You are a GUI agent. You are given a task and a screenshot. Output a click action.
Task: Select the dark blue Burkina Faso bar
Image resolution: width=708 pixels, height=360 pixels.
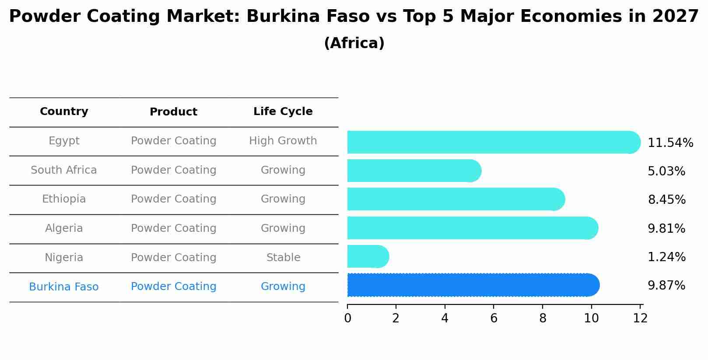point(473,285)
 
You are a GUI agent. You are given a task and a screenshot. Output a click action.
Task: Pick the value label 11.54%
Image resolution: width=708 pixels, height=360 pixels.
point(670,143)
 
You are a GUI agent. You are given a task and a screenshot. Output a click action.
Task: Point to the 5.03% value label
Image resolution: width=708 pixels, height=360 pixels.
point(666,171)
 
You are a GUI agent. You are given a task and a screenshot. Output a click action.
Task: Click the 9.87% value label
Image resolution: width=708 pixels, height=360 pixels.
point(666,286)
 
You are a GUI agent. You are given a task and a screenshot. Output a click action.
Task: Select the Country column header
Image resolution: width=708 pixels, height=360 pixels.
point(64,112)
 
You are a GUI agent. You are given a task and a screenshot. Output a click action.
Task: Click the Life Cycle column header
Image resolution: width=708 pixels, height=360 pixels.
point(283,112)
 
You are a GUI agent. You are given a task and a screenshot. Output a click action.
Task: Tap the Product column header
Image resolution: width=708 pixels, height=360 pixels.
point(173,112)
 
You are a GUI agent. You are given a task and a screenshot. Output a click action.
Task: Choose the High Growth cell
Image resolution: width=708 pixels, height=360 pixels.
point(283,141)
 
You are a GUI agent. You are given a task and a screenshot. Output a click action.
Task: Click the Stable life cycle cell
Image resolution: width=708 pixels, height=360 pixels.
point(283,258)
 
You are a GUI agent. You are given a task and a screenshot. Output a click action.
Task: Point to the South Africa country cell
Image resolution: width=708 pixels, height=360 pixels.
point(64,170)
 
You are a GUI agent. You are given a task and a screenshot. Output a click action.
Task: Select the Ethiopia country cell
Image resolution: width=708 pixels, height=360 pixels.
point(64,199)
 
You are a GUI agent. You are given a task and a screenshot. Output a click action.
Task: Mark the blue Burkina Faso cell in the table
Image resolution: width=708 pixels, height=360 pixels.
point(64,287)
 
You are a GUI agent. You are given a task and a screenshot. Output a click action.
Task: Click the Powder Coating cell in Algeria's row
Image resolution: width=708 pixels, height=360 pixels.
point(173,228)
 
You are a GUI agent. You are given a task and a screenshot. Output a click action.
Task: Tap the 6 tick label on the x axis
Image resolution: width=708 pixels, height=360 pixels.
point(494,318)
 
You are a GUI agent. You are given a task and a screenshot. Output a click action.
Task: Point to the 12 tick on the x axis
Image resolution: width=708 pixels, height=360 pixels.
point(640,318)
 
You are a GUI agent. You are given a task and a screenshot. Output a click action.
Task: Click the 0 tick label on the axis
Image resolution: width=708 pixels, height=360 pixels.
point(347,318)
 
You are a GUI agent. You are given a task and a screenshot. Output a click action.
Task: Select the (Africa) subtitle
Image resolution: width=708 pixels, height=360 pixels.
point(354,43)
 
